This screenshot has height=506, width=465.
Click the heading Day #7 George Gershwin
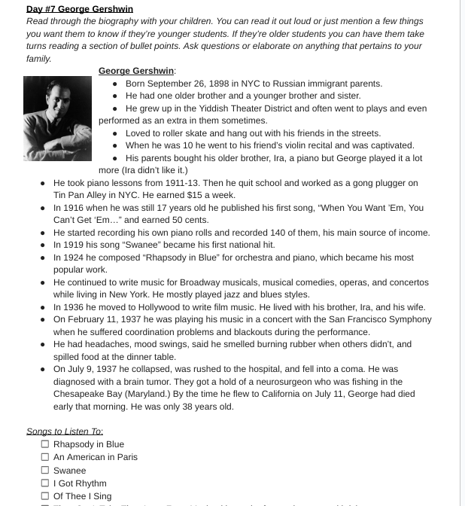pos(79,9)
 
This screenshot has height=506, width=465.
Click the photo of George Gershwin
pos(57,118)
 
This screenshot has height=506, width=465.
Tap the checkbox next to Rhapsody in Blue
pos(45,444)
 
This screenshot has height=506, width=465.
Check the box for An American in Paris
pos(45,457)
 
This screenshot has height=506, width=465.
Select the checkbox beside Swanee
pos(45,471)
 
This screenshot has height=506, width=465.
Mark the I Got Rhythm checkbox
pos(45,483)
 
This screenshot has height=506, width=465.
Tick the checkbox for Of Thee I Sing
pos(45,496)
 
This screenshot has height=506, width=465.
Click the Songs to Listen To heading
pos(65,431)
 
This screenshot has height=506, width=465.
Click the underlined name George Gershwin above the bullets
pos(136,71)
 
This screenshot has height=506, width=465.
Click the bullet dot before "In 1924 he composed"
pos(44,258)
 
